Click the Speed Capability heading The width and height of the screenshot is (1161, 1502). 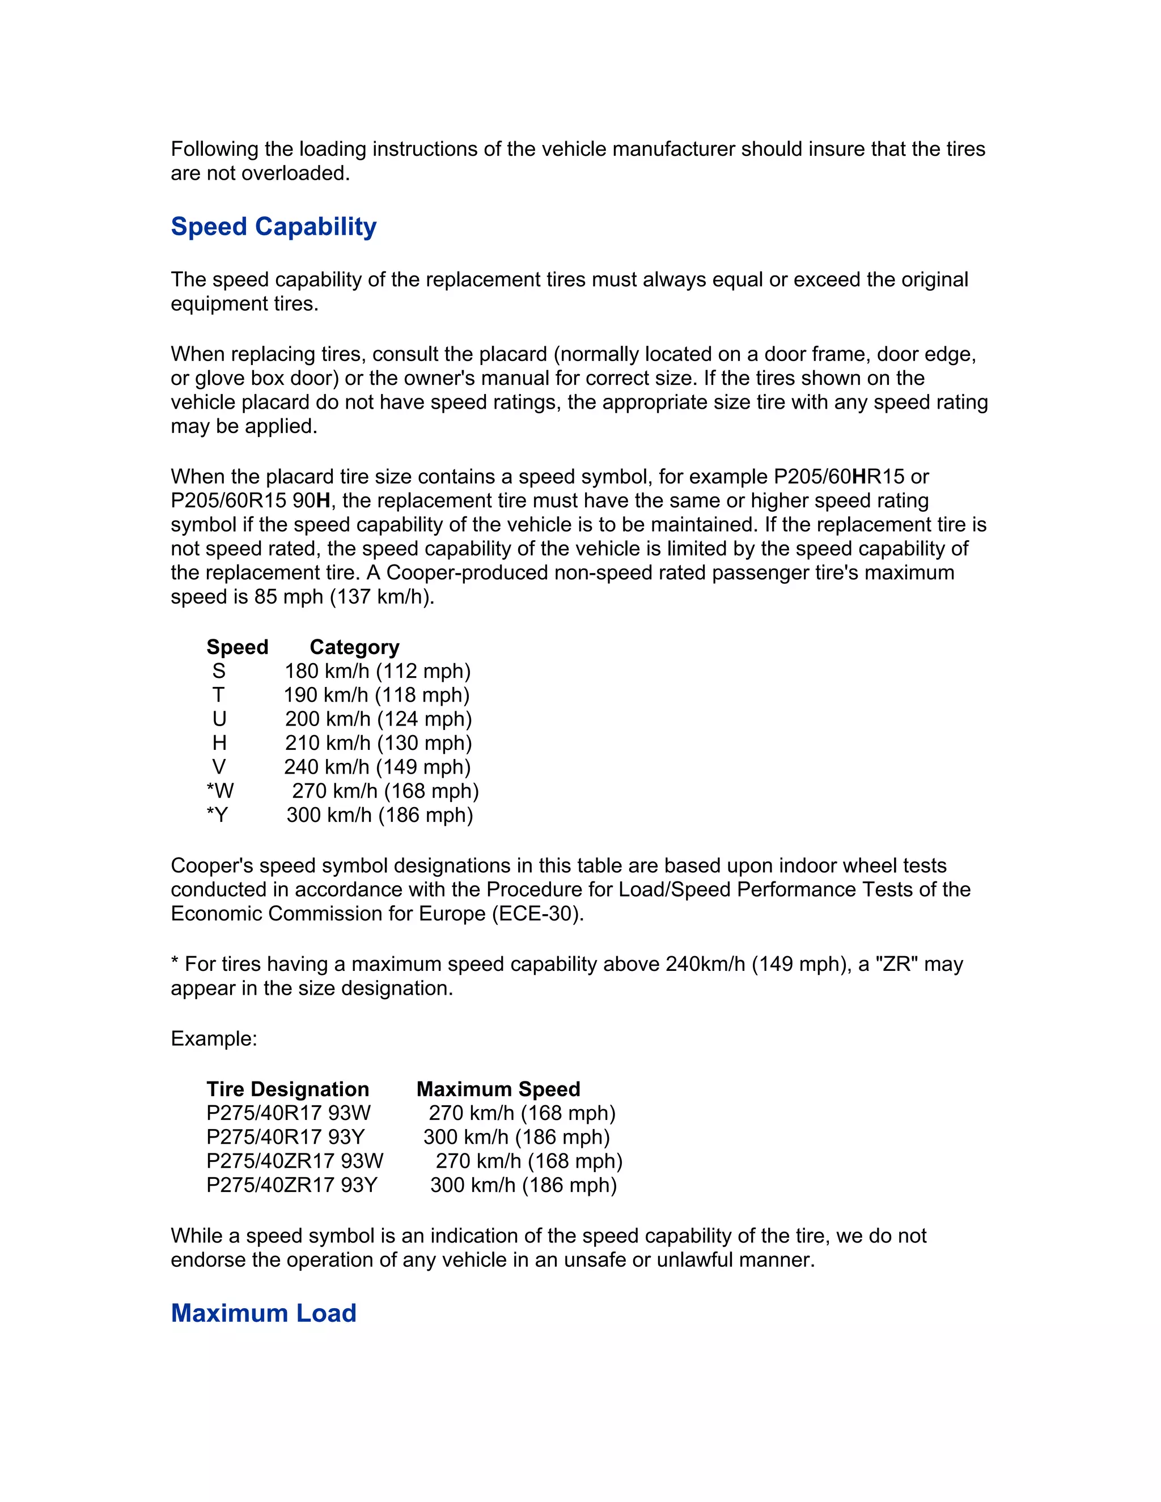tap(273, 227)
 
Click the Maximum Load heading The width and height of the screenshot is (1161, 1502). tap(264, 1313)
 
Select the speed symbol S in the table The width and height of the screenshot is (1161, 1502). tap(219, 671)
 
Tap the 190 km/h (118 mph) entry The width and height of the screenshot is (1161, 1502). tap(377, 695)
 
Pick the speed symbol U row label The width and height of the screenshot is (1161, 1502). tap(219, 719)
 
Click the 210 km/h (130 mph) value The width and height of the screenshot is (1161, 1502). tap(378, 744)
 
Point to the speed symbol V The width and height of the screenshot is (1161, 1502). tap(219, 767)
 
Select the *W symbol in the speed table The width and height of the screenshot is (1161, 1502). tap(220, 792)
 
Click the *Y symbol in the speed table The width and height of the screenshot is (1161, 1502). tap(217, 816)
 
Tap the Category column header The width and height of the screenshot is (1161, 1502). tap(354, 647)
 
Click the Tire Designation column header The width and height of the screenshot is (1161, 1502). tap(287, 1089)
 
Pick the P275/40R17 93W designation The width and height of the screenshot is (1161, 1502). tap(288, 1113)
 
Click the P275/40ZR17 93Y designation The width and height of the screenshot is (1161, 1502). tap(291, 1185)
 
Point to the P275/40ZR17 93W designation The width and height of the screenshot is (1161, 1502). tap(294, 1161)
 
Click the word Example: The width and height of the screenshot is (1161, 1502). tap(214, 1038)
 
